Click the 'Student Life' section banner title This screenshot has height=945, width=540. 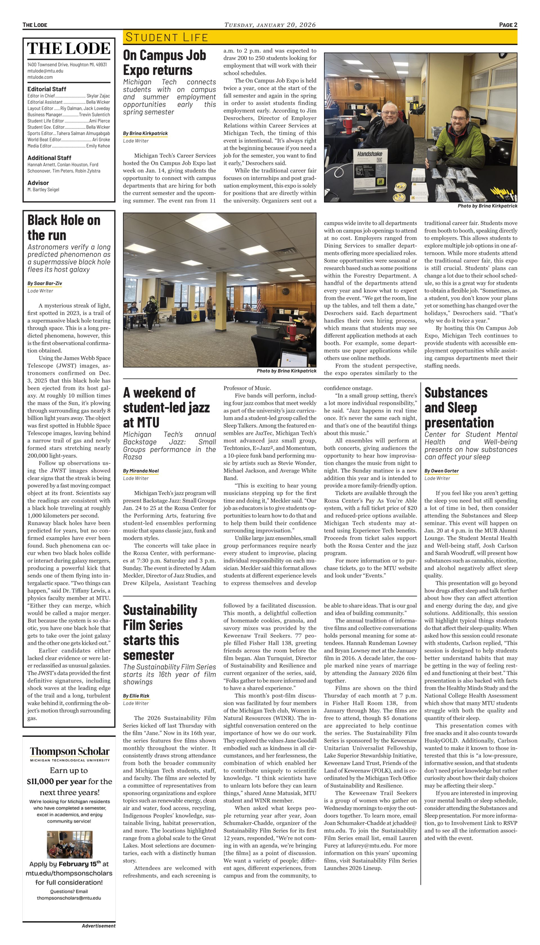tap(166, 37)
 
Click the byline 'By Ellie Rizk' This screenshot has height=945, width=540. tap(136, 696)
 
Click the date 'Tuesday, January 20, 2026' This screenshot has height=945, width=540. tap(270, 25)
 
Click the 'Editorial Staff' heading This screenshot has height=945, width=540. tap(47, 89)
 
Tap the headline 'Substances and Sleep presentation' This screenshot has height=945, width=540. tap(459, 407)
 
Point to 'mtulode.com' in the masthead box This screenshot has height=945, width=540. tap(40, 77)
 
